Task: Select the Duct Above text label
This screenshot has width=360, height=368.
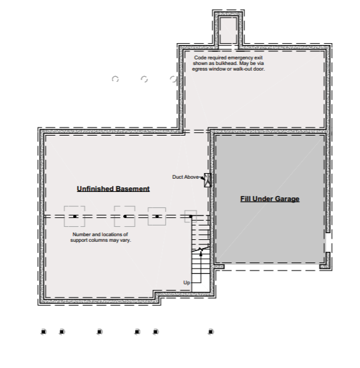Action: (x=185, y=177)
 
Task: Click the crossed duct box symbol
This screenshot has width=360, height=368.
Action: (x=207, y=180)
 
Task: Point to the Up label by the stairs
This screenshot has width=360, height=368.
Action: (x=186, y=283)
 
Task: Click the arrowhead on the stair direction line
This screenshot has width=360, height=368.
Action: (x=201, y=254)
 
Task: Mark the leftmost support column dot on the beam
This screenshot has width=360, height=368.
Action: (x=74, y=216)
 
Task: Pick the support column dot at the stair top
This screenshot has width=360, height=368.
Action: (x=191, y=216)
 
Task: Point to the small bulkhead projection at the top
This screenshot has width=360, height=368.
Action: (x=229, y=30)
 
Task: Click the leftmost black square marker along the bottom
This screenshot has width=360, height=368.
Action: (x=44, y=332)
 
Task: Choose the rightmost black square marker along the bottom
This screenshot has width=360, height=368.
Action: (x=211, y=332)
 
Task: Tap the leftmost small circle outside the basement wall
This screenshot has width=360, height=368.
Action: (x=115, y=79)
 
